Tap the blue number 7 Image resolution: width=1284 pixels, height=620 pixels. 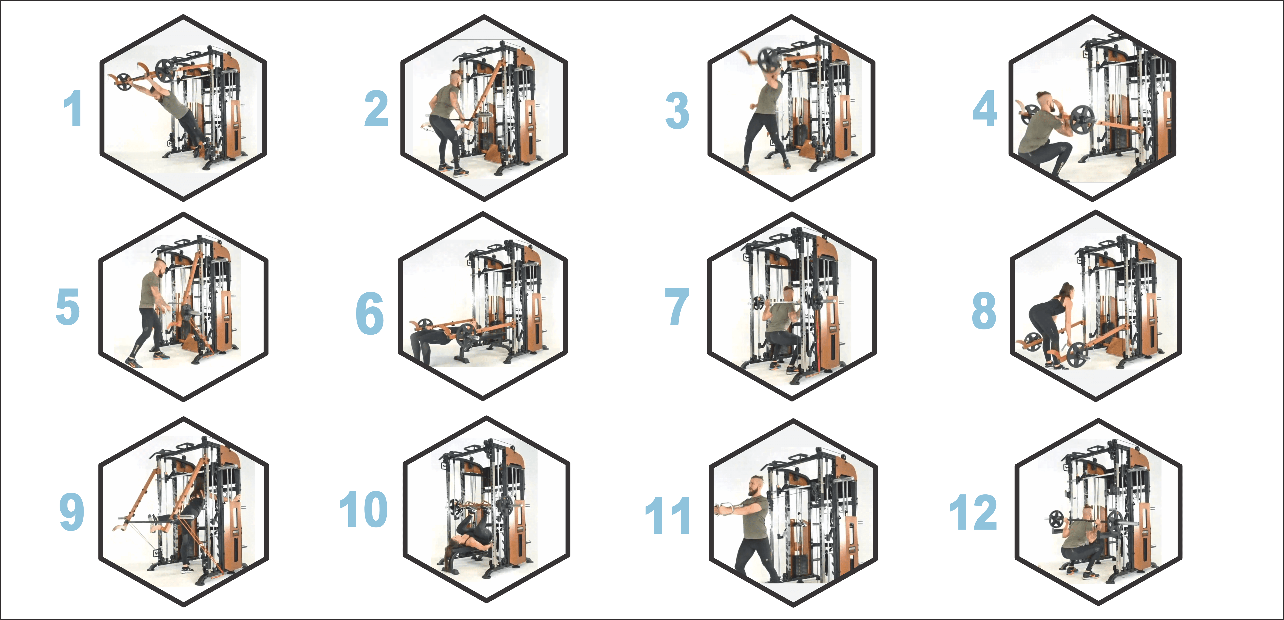pyautogui.click(x=678, y=306)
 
